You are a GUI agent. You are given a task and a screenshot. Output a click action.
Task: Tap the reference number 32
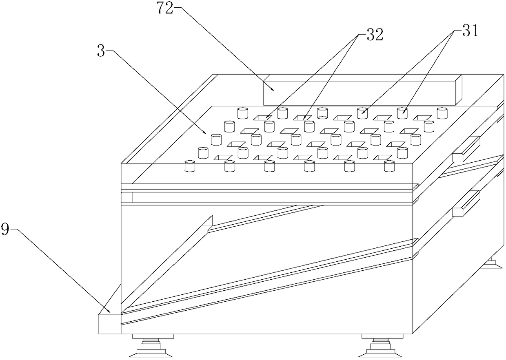coord(375,35)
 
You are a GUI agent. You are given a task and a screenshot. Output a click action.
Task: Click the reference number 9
coord(6,230)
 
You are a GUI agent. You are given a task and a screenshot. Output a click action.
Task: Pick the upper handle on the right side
coord(466,148)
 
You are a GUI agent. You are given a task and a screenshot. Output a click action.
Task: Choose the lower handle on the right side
coord(466,203)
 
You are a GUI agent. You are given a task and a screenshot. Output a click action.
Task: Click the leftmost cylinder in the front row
coord(190,166)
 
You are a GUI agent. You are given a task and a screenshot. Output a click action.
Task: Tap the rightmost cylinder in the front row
coord(390,166)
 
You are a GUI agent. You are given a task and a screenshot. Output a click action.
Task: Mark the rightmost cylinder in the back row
coord(442,113)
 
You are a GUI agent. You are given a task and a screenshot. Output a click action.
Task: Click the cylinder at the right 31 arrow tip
coord(402,113)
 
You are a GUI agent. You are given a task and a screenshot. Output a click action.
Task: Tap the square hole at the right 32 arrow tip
coord(303,118)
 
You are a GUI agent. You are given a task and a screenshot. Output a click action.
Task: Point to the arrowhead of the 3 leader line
coord(206,133)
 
